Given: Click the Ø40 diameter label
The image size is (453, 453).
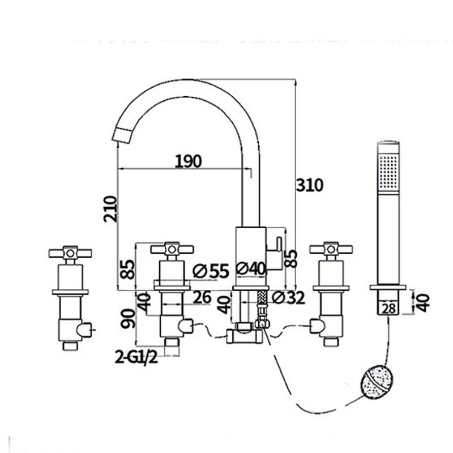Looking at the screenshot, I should click(x=250, y=270).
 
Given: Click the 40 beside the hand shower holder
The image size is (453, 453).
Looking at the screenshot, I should click(x=423, y=300).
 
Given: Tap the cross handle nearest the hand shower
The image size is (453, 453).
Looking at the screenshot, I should click(x=330, y=249).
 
